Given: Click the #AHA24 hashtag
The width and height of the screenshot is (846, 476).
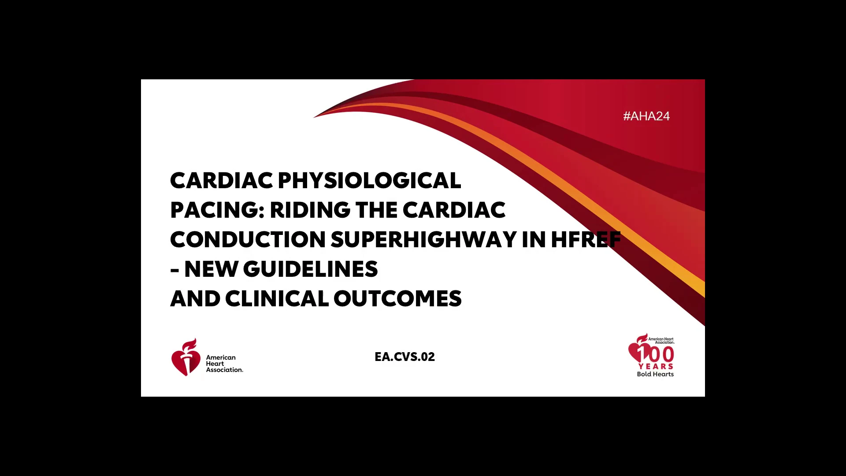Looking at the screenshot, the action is (x=646, y=116).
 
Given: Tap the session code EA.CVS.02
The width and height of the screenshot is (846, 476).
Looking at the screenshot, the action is (x=404, y=357).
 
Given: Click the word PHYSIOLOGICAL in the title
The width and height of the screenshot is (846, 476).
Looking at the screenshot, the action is (x=369, y=181).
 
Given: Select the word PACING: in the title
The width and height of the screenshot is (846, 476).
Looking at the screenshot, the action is (x=217, y=210).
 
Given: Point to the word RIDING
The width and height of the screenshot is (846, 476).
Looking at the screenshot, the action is (x=310, y=210).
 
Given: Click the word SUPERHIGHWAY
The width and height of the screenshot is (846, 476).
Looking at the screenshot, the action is (x=423, y=240).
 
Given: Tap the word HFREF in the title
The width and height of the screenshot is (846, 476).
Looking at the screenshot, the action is (x=586, y=240).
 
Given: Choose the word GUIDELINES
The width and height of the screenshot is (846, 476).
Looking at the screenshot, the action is (x=310, y=269).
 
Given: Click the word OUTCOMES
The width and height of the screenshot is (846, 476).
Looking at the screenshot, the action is (x=397, y=299).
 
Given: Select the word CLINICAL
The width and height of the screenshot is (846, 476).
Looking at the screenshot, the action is (x=277, y=299).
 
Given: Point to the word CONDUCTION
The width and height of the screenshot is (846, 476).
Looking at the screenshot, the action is (x=248, y=240).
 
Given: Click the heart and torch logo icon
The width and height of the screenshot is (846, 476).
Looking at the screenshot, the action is (x=186, y=357).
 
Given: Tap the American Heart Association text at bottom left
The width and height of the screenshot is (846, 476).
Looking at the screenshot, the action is (x=224, y=364).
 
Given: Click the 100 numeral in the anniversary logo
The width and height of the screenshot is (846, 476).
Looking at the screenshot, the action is (x=655, y=354).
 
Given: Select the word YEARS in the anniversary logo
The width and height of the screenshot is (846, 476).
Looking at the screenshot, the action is (x=656, y=366).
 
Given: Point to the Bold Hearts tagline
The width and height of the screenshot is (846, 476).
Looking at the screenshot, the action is (x=655, y=374).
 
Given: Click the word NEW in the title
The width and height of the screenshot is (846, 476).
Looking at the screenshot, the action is (x=211, y=269).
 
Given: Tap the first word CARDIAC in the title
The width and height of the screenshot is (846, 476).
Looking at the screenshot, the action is (x=222, y=181).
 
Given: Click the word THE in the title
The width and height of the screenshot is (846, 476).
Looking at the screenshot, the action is (x=377, y=210).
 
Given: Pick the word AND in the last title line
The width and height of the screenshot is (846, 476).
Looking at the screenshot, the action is (x=195, y=299).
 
